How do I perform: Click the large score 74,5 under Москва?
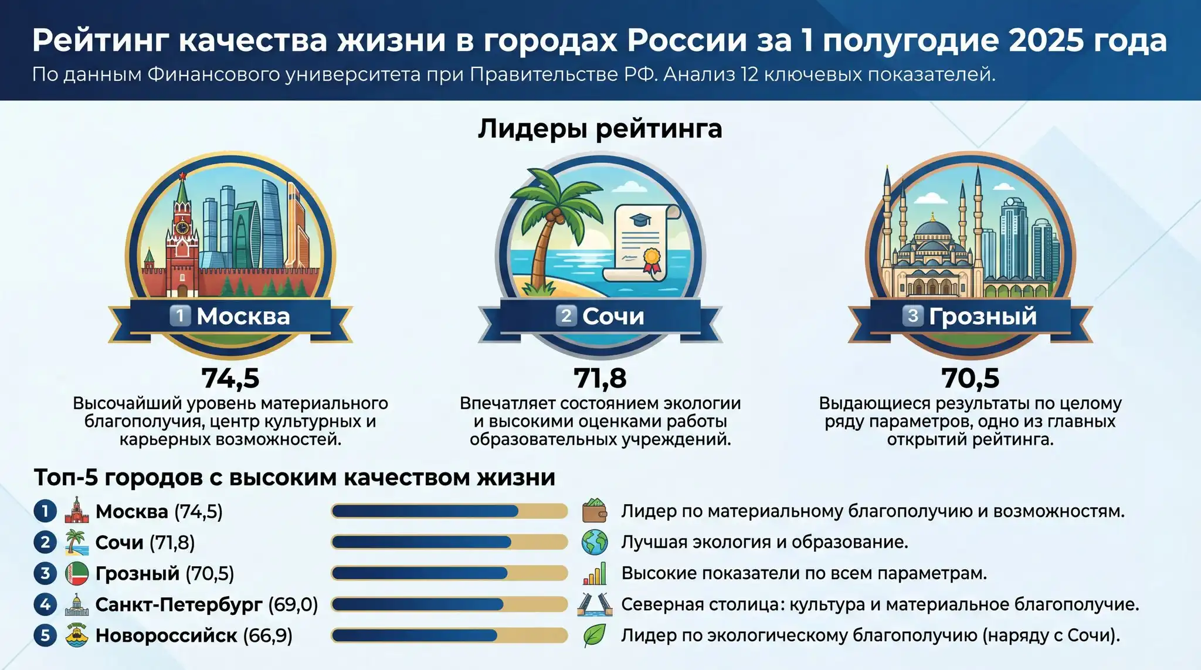tap(230, 378)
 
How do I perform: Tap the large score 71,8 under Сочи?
tap(600, 378)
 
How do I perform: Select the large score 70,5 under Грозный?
tap(971, 378)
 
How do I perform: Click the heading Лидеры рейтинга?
tap(600, 129)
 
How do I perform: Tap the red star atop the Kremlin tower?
tap(182, 176)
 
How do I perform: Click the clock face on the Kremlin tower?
tap(182, 227)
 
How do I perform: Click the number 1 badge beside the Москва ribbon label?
tap(180, 315)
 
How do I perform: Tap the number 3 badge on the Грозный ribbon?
tap(912, 315)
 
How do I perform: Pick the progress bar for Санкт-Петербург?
tap(449, 604)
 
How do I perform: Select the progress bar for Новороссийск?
tap(449, 635)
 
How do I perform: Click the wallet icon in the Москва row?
tap(595, 511)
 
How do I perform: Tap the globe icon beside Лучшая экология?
tap(595, 542)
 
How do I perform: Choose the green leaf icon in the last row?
tap(595, 635)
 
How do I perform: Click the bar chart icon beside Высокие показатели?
tap(595, 573)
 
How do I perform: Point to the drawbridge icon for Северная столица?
tap(595, 604)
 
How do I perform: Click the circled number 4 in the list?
tap(45, 604)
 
